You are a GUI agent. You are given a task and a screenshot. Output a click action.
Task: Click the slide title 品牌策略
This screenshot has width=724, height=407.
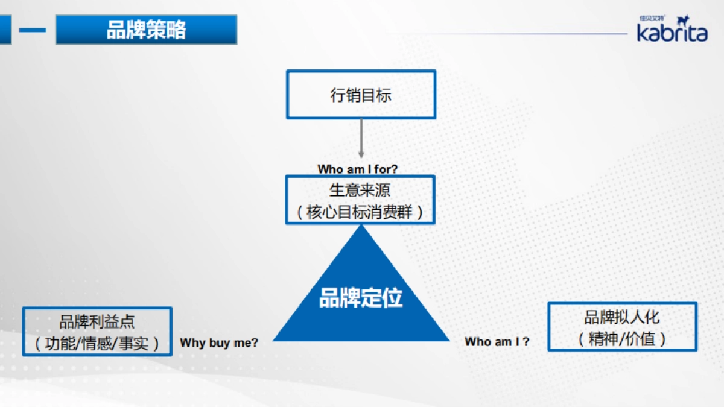[x=146, y=30]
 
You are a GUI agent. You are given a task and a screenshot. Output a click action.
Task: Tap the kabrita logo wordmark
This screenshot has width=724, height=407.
[x=672, y=33]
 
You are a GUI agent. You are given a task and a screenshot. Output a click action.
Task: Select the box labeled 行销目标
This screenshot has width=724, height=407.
[x=361, y=95]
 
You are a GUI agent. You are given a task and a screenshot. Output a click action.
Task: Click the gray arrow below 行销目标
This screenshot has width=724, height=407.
[x=361, y=139]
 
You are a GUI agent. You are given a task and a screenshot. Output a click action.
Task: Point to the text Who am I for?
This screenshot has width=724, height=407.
[x=358, y=169]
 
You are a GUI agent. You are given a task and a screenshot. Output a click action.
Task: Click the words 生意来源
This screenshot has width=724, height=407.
[x=360, y=191]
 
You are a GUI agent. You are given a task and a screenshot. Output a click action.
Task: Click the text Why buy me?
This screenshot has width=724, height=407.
[x=219, y=342]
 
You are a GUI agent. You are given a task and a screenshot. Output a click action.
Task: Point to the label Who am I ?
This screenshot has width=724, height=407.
[x=497, y=342]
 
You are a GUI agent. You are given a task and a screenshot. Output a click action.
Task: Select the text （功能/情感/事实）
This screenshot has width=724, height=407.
[x=97, y=343]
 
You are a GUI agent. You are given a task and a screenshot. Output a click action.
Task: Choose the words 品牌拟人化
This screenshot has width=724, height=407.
[x=622, y=317]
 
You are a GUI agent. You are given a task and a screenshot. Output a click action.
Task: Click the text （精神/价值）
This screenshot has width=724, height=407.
[x=622, y=339]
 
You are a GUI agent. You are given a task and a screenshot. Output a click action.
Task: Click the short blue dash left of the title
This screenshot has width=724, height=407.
[x=32, y=30]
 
